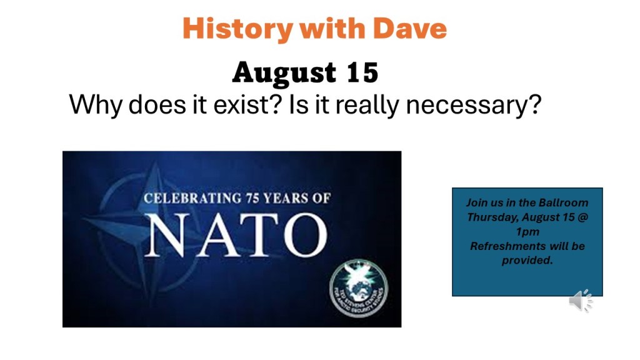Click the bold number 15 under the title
[x=361, y=73]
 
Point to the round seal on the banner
[x=358, y=288]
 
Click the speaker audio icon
[x=581, y=301]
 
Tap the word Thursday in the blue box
[x=491, y=217]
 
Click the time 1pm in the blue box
[x=527, y=231]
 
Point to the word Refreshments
[x=506, y=246]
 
